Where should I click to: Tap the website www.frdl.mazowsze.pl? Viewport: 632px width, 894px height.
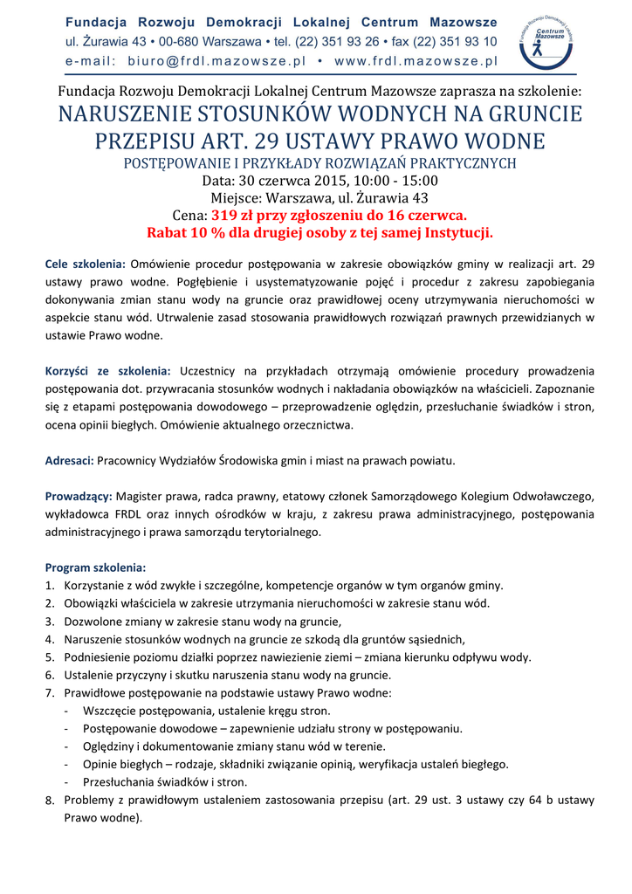[x=416, y=61]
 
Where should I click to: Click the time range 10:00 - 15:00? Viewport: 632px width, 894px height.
[x=396, y=181]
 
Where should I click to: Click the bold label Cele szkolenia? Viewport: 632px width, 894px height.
[x=86, y=264]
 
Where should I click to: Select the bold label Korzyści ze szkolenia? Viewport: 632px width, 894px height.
[x=107, y=372]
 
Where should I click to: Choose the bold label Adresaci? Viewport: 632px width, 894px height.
[x=69, y=460]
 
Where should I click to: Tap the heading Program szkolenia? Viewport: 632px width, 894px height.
[x=95, y=567]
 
